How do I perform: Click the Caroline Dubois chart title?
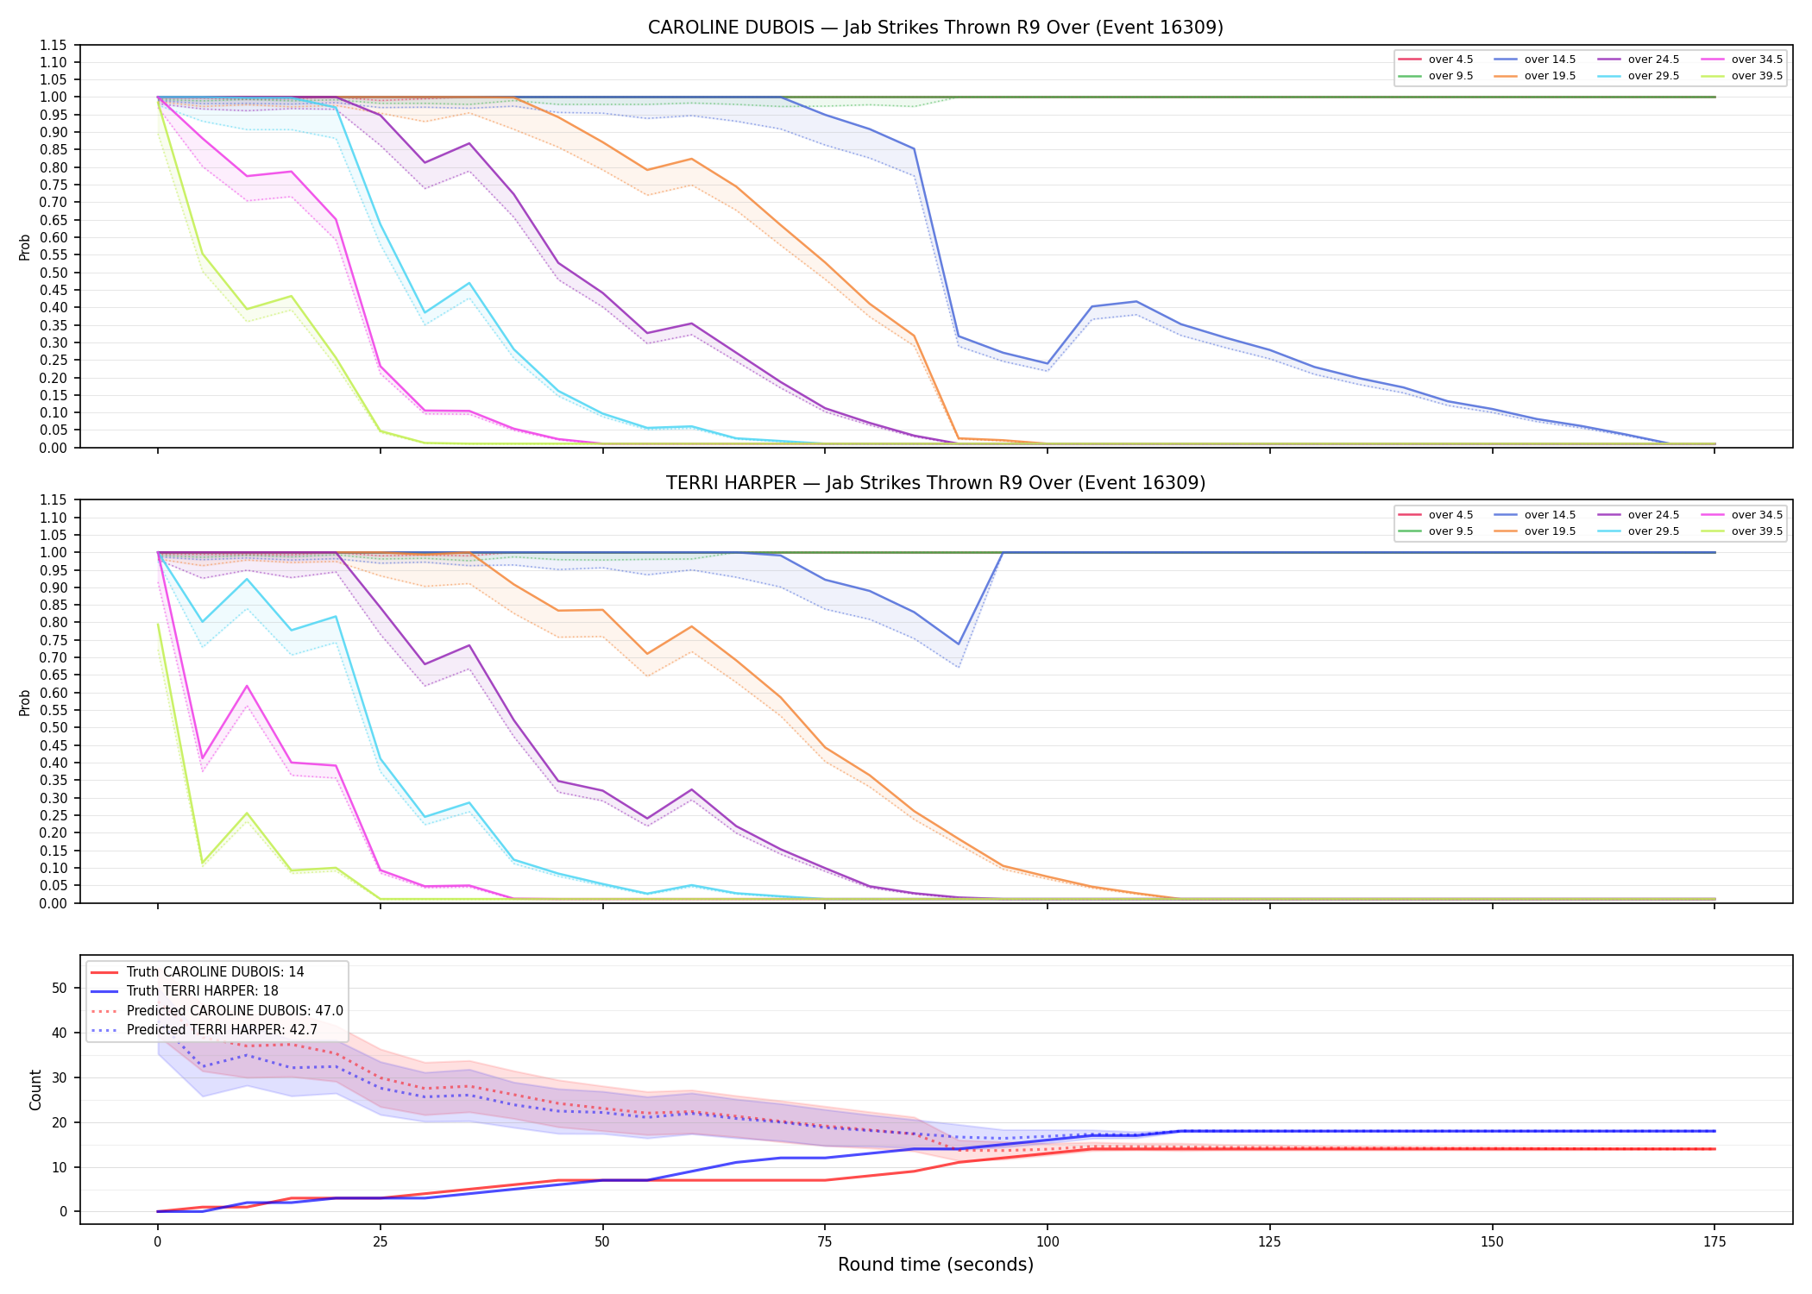[x=935, y=28]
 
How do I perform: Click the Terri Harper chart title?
[x=935, y=483]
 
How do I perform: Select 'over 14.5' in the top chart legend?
[x=1550, y=60]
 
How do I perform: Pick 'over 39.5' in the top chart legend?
[x=1757, y=76]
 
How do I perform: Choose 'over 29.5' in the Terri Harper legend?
[x=1653, y=531]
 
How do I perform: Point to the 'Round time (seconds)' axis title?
[x=935, y=1265]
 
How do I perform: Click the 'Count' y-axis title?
[x=35, y=1090]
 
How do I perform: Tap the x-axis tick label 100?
[x=1047, y=1242]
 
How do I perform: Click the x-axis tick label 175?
[x=1714, y=1242]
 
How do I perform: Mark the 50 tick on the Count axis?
[x=60, y=988]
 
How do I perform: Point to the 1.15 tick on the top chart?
[x=53, y=45]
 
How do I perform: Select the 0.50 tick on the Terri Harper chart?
[x=53, y=727]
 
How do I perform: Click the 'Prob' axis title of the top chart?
[x=25, y=247]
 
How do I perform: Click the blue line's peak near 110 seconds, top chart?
[x=1136, y=301]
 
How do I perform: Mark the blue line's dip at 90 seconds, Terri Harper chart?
[x=958, y=644]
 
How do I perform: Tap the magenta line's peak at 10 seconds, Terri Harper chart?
[x=247, y=686]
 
